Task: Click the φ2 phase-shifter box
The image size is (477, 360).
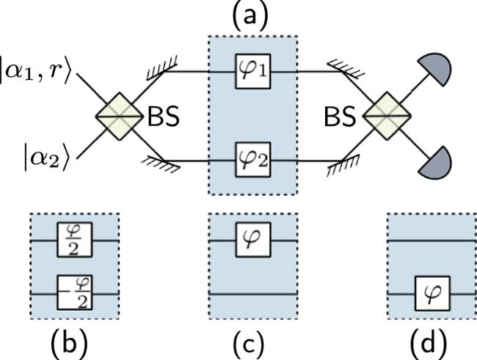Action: [x=254, y=158]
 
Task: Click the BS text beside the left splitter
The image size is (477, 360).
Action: [x=166, y=118]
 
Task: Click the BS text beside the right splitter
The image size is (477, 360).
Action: [x=342, y=118]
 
